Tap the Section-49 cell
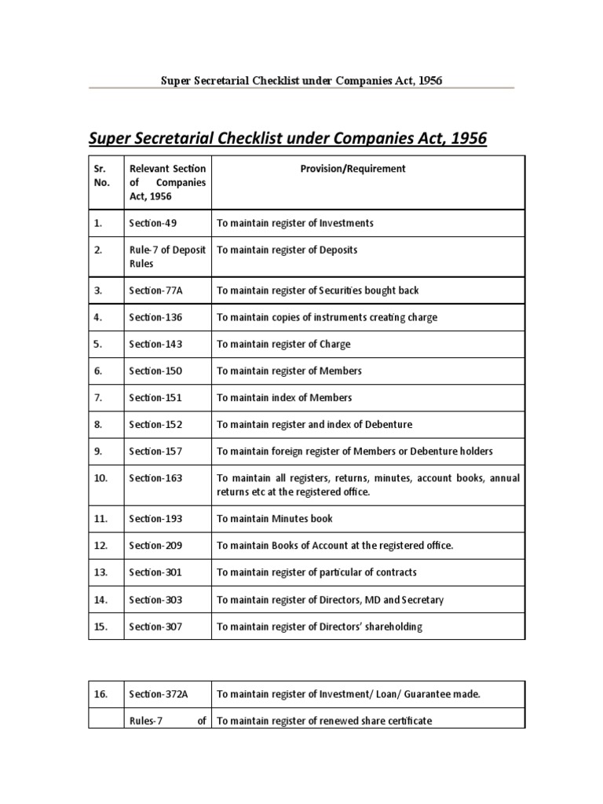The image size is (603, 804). pos(153,223)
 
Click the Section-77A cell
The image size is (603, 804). pos(156,291)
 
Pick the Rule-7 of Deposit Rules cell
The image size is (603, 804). pos(167,257)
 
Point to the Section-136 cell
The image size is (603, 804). pos(155,317)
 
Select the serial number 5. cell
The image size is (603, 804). pos(99,344)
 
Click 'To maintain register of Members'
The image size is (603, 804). pos(289,371)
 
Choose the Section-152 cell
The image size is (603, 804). pos(155,424)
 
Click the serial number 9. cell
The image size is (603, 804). pos(99,451)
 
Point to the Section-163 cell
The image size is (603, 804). pos(155,477)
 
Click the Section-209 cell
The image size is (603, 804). pos(155,545)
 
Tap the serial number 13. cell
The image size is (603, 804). pos(100,572)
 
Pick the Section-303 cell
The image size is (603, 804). pos(155,600)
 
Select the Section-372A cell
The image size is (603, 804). pos(159,694)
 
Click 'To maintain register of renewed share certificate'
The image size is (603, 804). pos(324,721)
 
